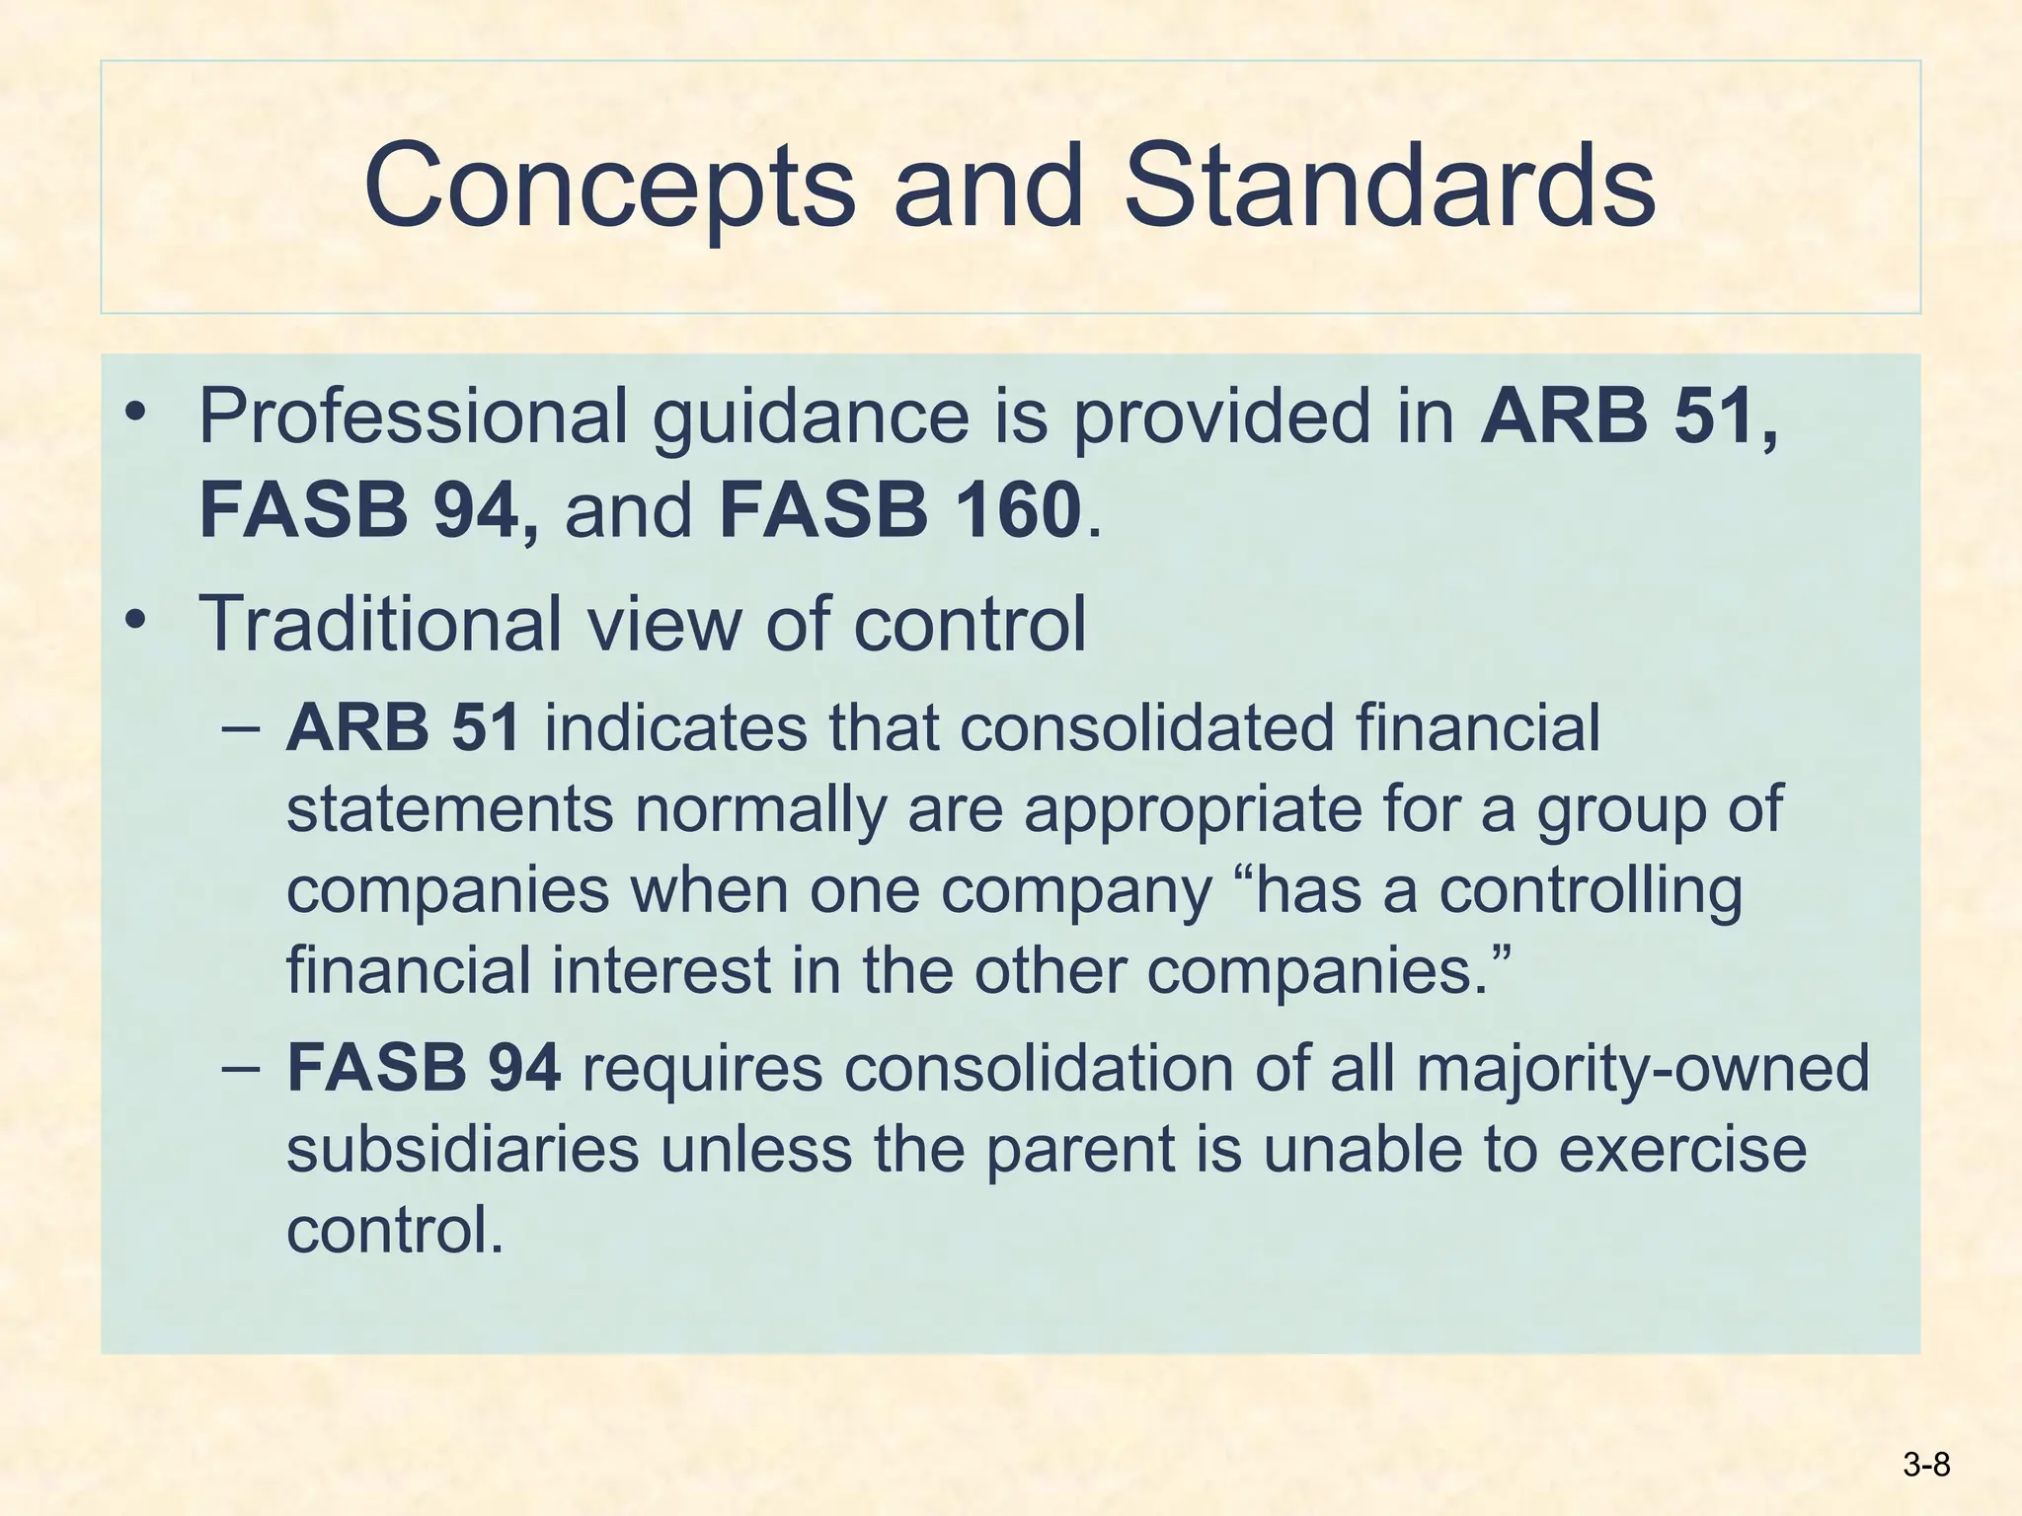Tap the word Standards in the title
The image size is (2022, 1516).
coord(1389,185)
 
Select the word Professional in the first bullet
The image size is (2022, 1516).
coord(413,417)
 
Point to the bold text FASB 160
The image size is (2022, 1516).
coord(900,510)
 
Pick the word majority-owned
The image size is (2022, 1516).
coord(1643,1069)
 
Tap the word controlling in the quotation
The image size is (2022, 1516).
coord(1591,891)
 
